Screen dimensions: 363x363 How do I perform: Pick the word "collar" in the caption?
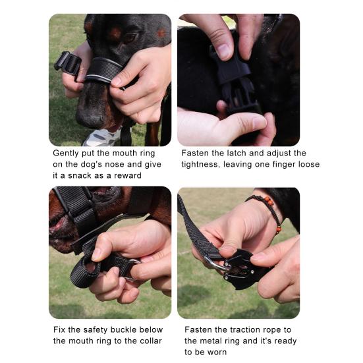point(150,341)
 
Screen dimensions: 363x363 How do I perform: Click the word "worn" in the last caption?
point(217,352)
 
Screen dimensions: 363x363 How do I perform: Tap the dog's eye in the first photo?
point(129,38)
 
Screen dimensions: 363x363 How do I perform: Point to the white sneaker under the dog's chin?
point(102,138)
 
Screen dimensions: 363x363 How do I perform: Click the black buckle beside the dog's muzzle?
point(68,63)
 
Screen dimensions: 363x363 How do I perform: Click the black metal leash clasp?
point(240,269)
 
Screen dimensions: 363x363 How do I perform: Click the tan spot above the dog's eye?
point(115,34)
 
